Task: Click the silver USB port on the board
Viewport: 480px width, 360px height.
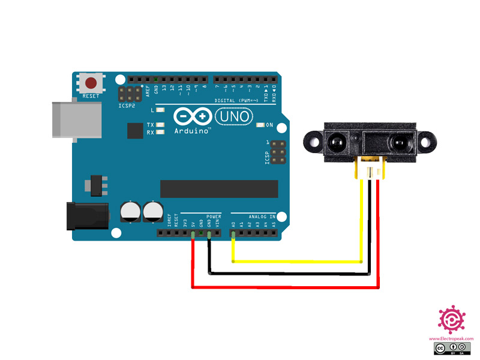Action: click(x=64, y=121)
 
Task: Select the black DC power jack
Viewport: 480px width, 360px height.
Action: click(x=86, y=216)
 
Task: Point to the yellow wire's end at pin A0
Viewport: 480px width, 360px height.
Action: click(x=233, y=236)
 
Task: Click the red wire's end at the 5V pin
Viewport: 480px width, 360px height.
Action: click(x=192, y=236)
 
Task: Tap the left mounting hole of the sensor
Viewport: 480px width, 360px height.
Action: click(x=313, y=142)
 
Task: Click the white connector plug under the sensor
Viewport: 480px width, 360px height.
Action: click(x=370, y=169)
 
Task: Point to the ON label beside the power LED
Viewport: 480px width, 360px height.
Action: click(x=269, y=125)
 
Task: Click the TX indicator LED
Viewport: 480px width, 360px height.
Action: click(x=160, y=125)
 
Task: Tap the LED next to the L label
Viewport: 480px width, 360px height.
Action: click(x=160, y=110)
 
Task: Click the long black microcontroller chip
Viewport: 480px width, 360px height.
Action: click(x=219, y=188)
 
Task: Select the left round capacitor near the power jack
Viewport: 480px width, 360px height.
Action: click(x=130, y=211)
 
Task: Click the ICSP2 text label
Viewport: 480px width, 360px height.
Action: click(x=127, y=106)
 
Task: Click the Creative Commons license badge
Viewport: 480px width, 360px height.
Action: click(x=452, y=349)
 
